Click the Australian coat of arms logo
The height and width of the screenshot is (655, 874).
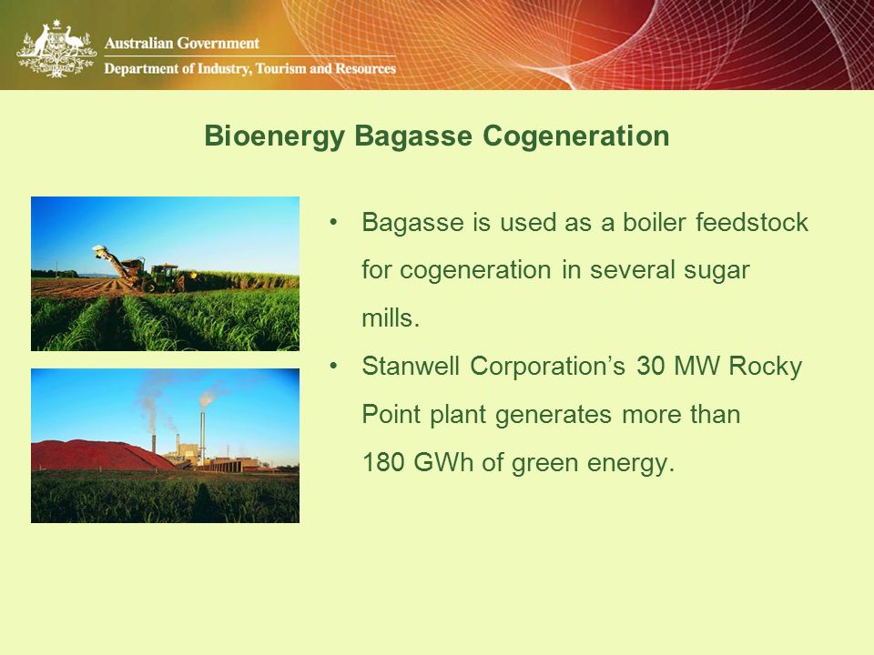(56, 49)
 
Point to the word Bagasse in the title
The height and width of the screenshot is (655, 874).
(413, 136)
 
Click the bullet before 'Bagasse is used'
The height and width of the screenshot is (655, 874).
(333, 222)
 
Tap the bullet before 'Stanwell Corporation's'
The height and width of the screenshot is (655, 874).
(333, 366)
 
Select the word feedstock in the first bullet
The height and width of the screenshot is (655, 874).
(752, 222)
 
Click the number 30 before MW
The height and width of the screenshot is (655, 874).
(650, 366)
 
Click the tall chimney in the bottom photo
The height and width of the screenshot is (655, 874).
(202, 438)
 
